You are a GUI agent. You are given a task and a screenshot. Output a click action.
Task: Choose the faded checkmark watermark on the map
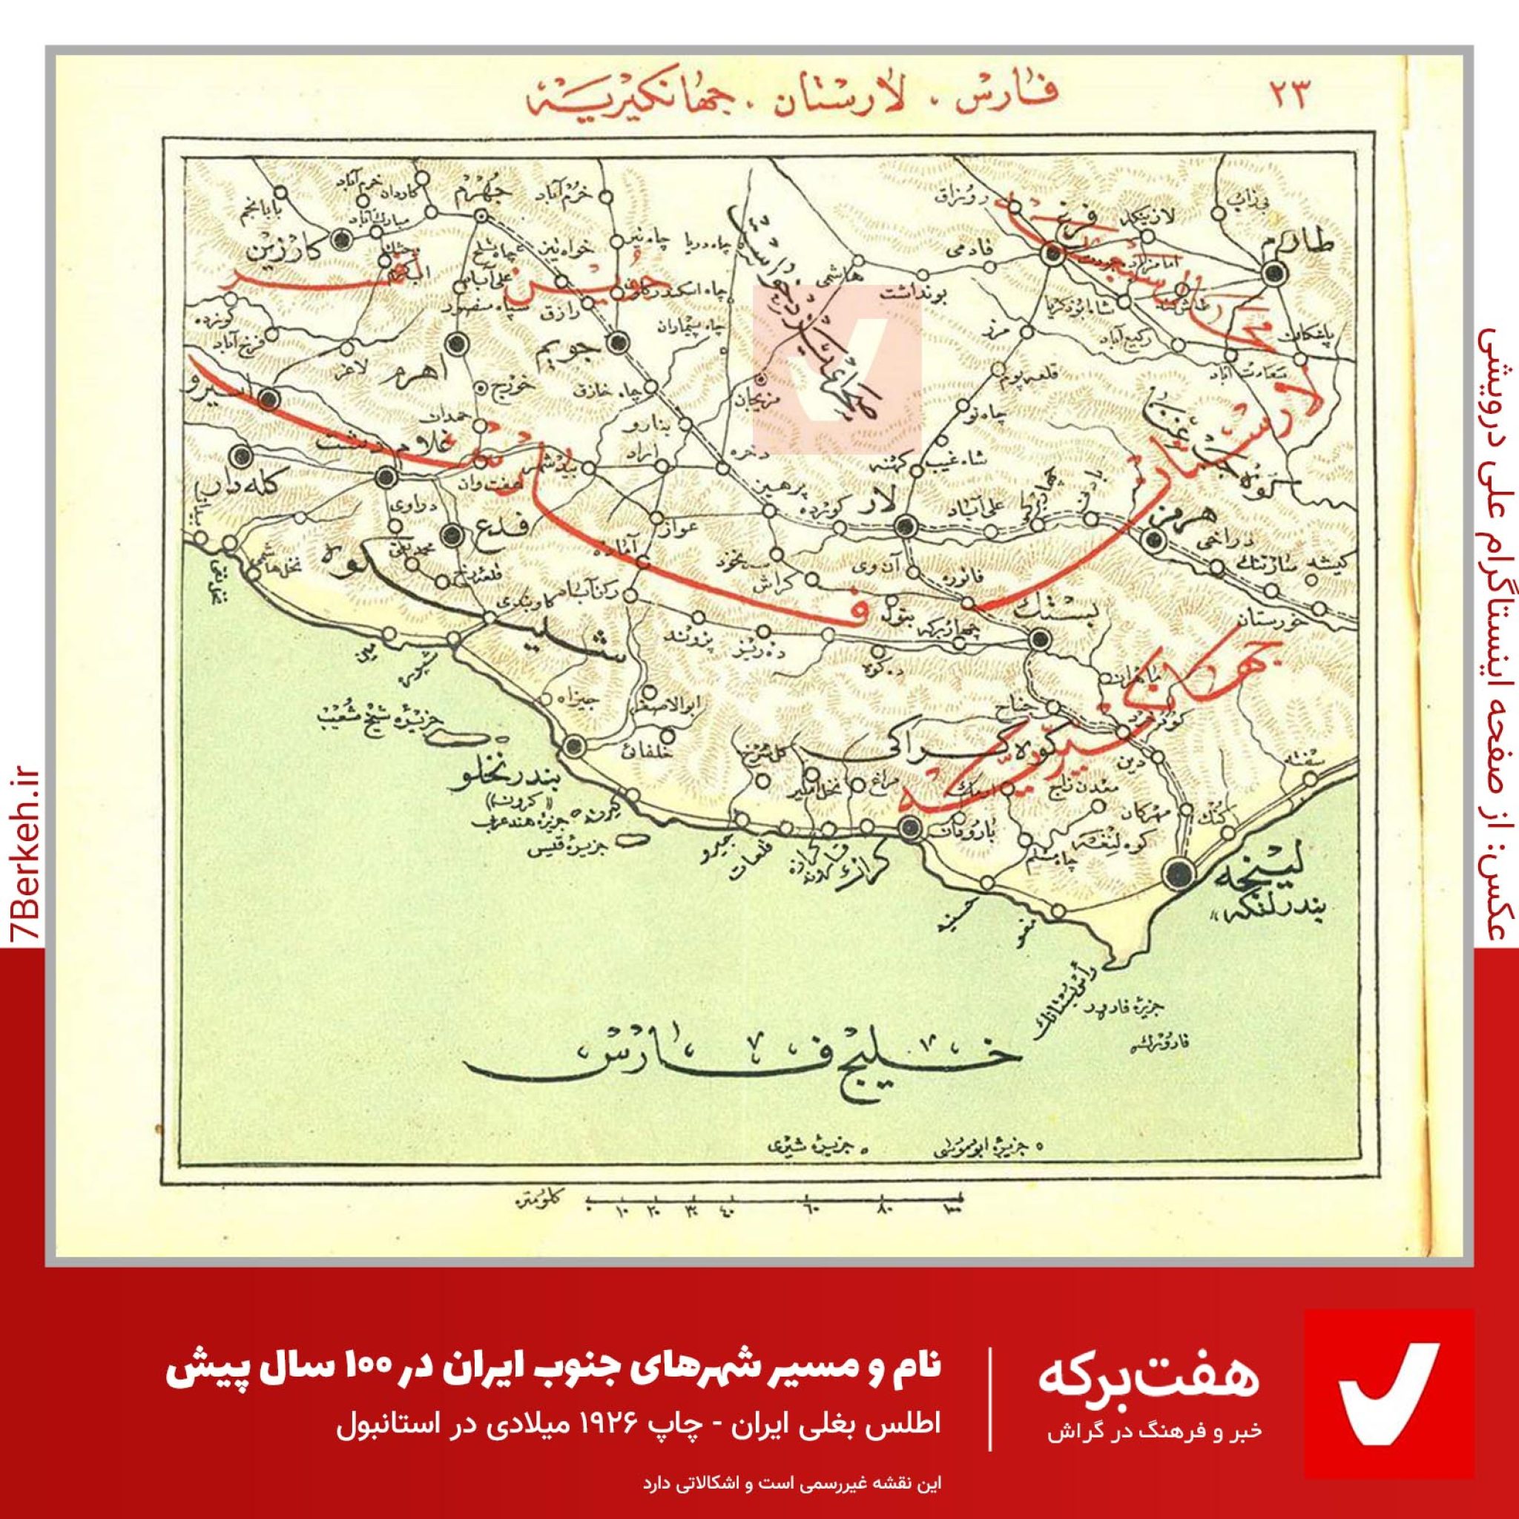837,369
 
